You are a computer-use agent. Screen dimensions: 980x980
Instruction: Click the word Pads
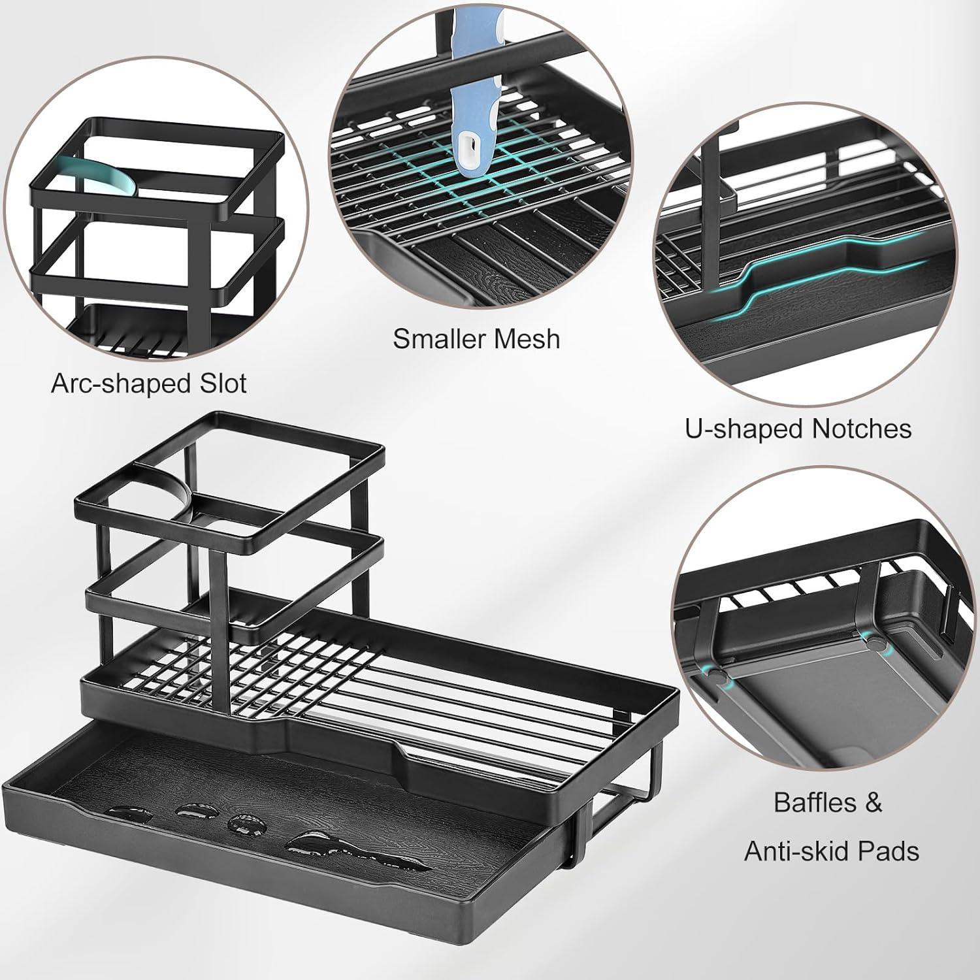[892, 851]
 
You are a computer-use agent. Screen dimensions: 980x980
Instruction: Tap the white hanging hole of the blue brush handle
[469, 142]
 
